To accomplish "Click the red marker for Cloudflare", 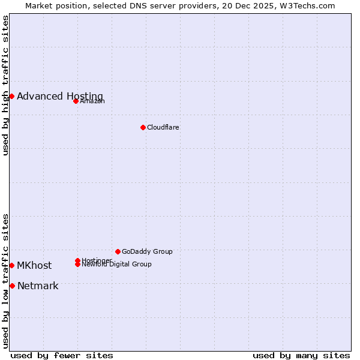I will tap(143, 127).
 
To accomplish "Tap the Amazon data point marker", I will tap(76, 101).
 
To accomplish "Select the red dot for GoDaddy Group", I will tap(118, 251).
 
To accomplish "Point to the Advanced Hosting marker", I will tap(11, 96).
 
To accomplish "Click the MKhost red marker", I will tap(11, 265).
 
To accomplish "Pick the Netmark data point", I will tap(12, 286).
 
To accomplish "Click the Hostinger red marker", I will tap(77, 260).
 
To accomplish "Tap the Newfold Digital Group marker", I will tap(77, 264).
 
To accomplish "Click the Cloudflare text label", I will tap(163, 127).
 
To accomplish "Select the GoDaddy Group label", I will tap(147, 251).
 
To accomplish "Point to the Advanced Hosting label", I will tap(60, 96).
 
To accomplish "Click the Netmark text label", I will tap(38, 286).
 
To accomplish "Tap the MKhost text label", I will tap(34, 265).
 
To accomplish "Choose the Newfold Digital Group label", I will tap(117, 265).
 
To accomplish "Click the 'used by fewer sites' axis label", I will tap(62, 355).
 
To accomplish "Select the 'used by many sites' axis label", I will tap(301, 355).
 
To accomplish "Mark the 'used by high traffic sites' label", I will tap(6, 85).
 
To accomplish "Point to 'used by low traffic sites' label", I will tap(6, 281).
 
